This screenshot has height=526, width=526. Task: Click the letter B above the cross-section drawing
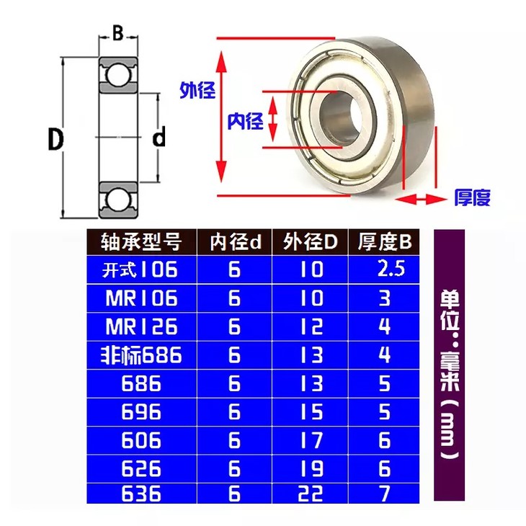tap(117, 33)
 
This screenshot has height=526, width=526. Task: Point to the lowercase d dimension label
tap(159, 136)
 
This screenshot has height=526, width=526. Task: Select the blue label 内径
tap(245, 121)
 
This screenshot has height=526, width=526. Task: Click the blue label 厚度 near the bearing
tap(473, 197)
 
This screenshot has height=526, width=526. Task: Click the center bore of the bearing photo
tap(341, 118)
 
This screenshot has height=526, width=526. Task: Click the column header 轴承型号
tap(141, 241)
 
